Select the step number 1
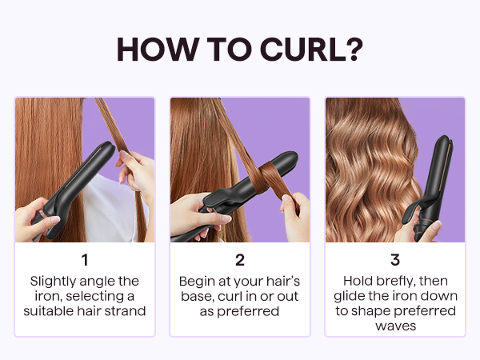click(85, 260)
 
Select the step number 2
click(239, 260)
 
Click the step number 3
click(394, 260)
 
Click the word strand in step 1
click(126, 310)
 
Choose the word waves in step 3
click(394, 326)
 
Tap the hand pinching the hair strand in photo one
click(132, 168)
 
